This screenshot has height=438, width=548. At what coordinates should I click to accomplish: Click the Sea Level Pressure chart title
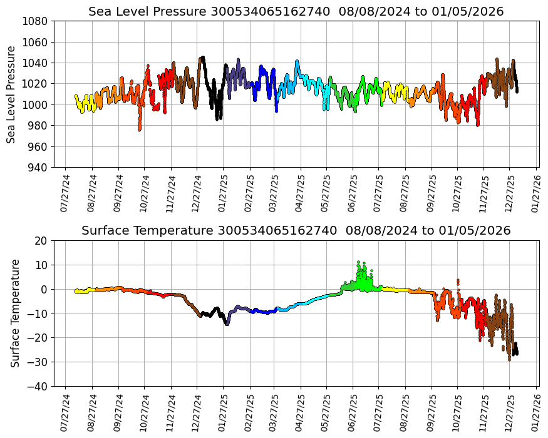[x=296, y=12]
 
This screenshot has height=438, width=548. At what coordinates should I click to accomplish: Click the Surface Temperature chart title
[x=296, y=231]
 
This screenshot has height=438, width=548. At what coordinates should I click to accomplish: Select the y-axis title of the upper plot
[x=11, y=94]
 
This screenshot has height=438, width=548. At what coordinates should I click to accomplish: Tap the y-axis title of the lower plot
[x=15, y=313]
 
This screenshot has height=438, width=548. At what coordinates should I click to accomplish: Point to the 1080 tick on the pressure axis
[x=37, y=21]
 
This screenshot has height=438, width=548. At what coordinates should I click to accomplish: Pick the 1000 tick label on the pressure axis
[x=37, y=104]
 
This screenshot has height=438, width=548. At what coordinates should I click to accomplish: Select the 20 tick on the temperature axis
[x=42, y=241]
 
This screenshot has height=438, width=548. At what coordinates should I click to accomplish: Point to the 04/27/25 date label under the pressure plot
[x=300, y=193]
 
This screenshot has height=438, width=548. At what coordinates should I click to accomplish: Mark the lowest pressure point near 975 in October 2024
[x=140, y=130]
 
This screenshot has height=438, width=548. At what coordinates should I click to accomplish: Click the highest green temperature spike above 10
[x=359, y=262]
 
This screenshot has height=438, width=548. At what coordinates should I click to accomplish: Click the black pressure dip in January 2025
[x=218, y=117]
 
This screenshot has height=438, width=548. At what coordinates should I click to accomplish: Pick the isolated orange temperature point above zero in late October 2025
[x=458, y=280]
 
